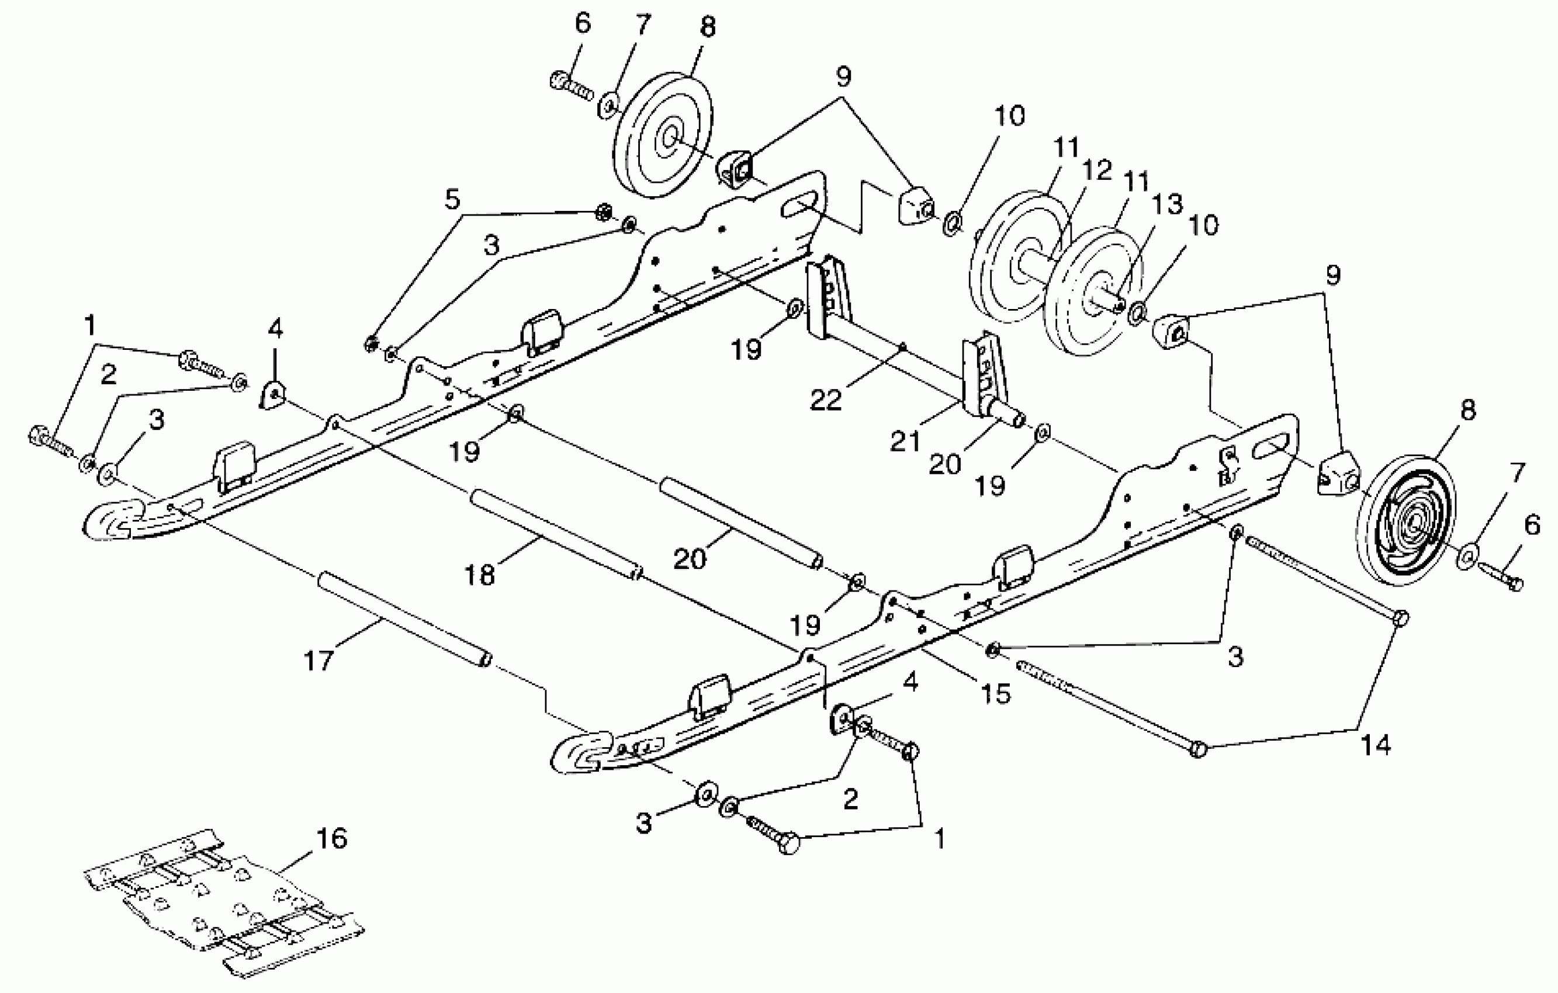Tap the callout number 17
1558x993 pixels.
[x=318, y=661]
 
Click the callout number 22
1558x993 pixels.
[x=826, y=400]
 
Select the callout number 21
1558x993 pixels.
[x=905, y=441]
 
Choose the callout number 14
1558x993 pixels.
[x=1376, y=745]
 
